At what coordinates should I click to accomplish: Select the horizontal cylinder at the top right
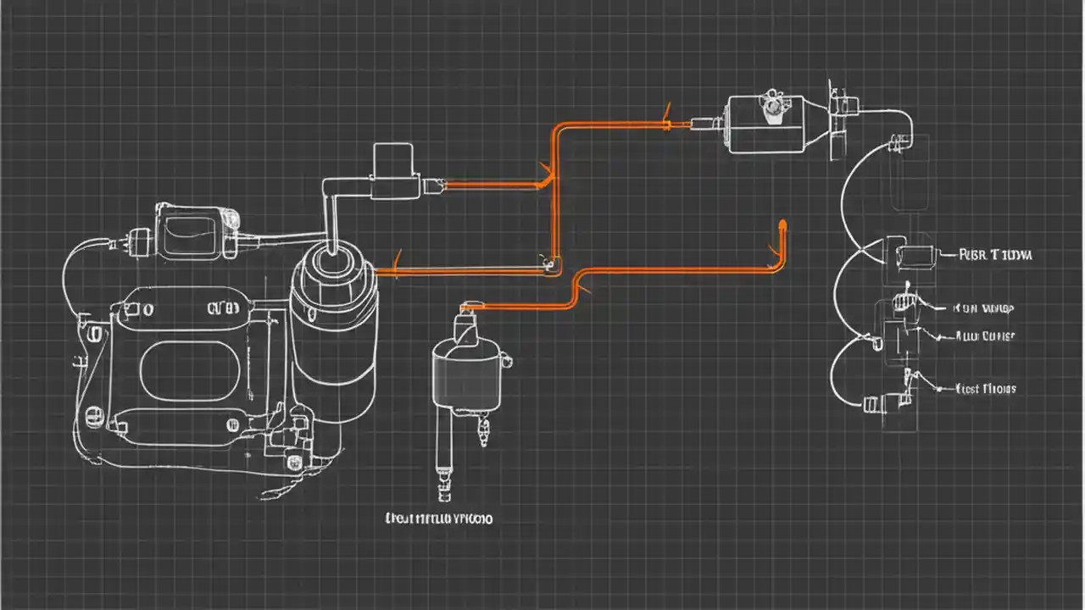coord(764,125)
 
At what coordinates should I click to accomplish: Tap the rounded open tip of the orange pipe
coord(781,225)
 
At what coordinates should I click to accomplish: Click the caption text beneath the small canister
coord(438,518)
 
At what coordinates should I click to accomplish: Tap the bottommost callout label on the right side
coord(985,389)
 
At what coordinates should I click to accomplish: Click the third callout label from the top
coord(985,336)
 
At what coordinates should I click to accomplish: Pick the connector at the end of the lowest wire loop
coord(871,405)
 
